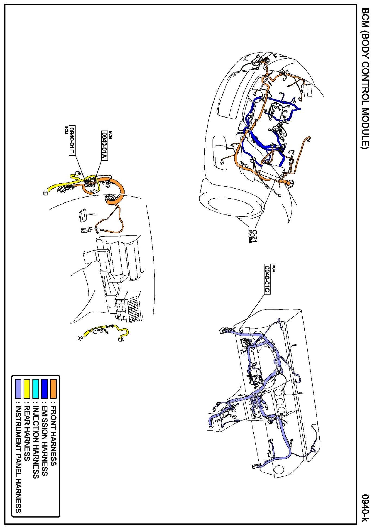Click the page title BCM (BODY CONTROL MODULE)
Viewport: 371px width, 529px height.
tap(365, 82)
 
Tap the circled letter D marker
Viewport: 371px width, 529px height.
tap(45, 193)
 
